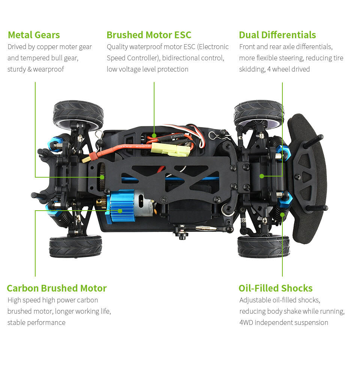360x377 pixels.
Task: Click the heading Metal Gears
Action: click(34, 35)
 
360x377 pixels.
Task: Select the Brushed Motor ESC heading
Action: click(149, 35)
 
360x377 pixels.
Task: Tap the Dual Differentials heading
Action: click(277, 35)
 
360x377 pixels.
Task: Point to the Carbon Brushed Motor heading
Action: click(57, 288)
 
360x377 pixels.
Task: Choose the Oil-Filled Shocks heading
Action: click(276, 288)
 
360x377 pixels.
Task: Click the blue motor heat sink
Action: click(120, 206)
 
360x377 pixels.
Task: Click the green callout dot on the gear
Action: click(102, 177)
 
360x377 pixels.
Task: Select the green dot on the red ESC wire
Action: click(154, 136)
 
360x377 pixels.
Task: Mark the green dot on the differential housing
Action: click(262, 176)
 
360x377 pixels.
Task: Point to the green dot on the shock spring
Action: click(282, 214)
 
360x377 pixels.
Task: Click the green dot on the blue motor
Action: click(120, 211)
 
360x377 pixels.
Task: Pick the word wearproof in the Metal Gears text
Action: click(48, 69)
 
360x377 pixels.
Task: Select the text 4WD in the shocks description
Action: click(246, 322)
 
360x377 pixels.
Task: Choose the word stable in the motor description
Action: click(16, 322)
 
